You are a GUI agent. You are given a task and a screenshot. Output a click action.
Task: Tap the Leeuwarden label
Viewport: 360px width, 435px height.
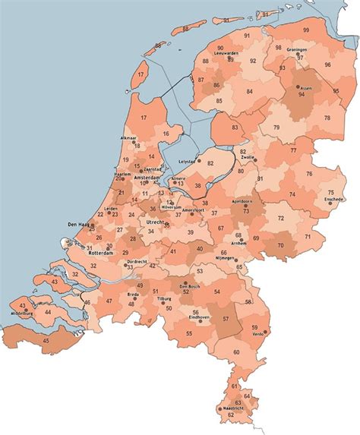click(x=228, y=53)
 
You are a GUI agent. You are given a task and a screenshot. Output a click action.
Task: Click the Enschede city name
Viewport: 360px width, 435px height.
click(x=333, y=199)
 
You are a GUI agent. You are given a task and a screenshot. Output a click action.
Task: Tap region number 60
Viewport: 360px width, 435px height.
click(x=236, y=351)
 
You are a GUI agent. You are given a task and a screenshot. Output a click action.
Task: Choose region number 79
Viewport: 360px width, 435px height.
click(x=276, y=127)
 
